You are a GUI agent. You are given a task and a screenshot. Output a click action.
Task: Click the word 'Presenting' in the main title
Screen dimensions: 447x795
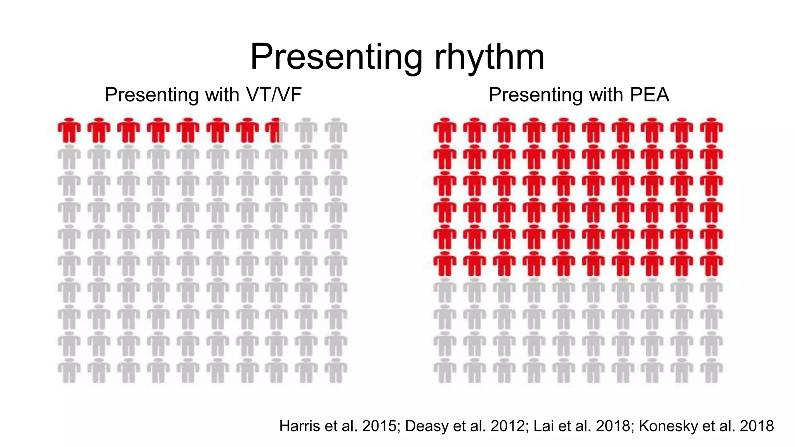coord(336,57)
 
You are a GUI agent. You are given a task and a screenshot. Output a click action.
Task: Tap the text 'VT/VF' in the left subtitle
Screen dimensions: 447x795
coord(274,95)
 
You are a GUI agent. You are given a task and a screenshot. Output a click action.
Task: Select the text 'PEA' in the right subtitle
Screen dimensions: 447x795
coord(649,95)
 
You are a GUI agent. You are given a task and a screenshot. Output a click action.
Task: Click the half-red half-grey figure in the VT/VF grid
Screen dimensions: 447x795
coord(276,130)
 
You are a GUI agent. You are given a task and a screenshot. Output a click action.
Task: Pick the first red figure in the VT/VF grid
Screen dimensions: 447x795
coord(69,130)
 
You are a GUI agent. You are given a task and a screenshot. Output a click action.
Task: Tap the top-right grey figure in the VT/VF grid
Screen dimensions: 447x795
coord(336,130)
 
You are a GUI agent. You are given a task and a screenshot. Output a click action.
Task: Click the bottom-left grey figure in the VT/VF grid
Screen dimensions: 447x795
coord(69,371)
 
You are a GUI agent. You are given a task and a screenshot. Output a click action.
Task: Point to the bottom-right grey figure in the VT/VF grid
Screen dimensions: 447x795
coord(336,371)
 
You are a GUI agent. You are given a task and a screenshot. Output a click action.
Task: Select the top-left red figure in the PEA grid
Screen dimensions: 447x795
coord(445,130)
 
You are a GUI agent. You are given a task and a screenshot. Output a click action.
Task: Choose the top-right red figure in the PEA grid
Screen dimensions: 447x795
coord(712,130)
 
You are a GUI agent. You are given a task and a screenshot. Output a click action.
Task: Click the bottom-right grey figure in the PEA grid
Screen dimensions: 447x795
coord(712,371)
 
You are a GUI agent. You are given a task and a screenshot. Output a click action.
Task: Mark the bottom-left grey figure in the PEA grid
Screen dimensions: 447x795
coord(445,371)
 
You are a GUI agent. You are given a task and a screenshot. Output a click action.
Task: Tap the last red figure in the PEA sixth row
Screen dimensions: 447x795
coord(712,264)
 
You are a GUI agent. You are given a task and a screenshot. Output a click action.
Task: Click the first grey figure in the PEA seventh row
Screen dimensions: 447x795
coord(445,291)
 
